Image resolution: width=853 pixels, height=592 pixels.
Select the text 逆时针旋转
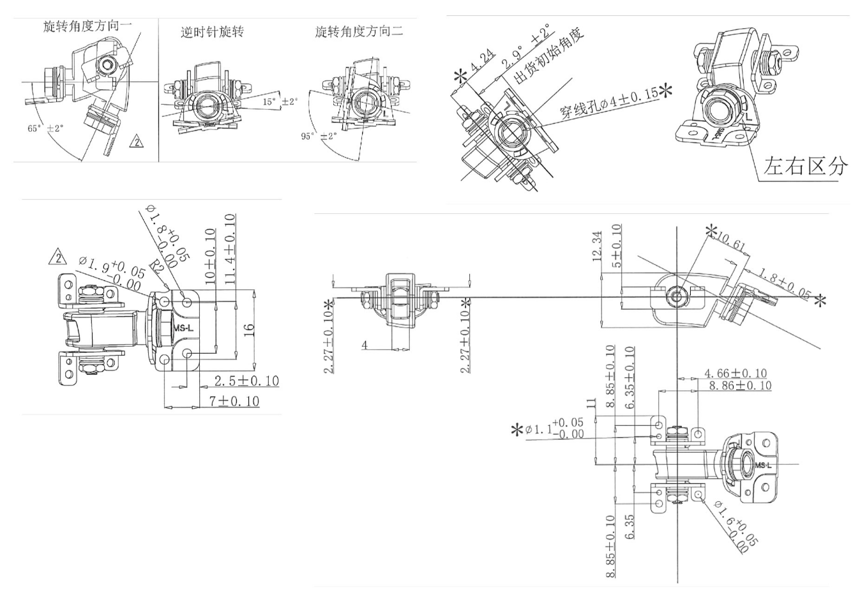212,32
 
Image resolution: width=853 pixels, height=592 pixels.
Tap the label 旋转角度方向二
359,31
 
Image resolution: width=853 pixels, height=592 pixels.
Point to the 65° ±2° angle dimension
45,128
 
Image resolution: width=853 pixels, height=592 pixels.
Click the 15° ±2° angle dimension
280,102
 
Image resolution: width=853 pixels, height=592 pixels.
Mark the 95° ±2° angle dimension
319,136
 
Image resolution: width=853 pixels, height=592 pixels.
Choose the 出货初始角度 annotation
550,57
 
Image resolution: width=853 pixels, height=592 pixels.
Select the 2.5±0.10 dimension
246,381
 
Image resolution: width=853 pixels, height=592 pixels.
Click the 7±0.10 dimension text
234,401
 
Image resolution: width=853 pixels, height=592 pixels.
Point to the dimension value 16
250,330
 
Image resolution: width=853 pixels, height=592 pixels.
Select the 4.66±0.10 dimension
736,373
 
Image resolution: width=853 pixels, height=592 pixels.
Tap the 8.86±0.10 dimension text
740,386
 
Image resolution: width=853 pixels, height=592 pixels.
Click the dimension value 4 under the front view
365,345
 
